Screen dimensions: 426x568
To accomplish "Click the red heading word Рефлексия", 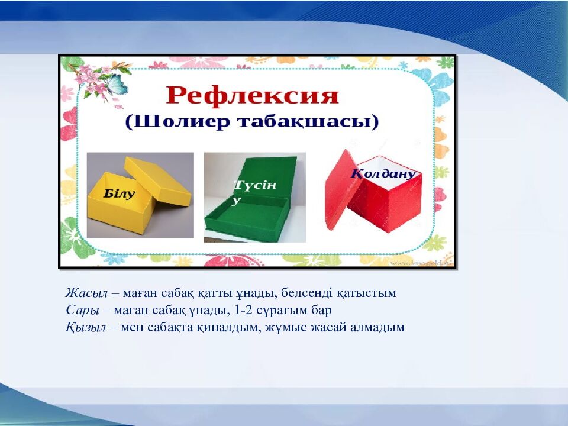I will (x=252, y=96).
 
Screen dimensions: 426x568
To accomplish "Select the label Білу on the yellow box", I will (x=119, y=193).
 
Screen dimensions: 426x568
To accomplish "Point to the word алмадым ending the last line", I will (x=379, y=327).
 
